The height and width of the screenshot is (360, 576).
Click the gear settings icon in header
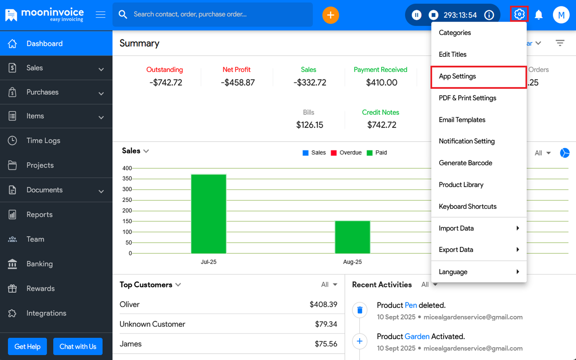(x=519, y=14)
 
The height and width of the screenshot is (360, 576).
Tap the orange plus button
(x=330, y=15)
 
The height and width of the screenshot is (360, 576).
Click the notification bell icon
(x=539, y=15)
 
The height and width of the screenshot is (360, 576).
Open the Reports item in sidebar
(x=39, y=214)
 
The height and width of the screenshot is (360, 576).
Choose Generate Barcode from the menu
(x=465, y=163)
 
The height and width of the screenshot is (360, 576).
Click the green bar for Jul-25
(x=208, y=214)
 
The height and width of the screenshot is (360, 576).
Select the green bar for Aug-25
(x=352, y=237)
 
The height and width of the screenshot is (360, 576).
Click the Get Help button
(x=27, y=346)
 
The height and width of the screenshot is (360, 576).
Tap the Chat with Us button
(x=78, y=346)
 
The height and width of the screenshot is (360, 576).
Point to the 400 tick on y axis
(x=127, y=168)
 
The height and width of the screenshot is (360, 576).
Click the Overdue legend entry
(x=346, y=153)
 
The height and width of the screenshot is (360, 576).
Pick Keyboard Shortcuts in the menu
(x=467, y=206)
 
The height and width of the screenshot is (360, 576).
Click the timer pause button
(x=416, y=15)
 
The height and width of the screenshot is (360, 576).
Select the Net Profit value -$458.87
(x=238, y=82)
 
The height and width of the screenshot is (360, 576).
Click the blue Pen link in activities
(x=411, y=305)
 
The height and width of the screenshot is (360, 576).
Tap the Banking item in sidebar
(x=39, y=264)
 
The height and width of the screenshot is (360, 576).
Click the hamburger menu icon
(x=101, y=15)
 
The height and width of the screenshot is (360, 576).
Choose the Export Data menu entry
(x=456, y=250)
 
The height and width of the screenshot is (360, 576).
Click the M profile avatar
(x=561, y=15)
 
